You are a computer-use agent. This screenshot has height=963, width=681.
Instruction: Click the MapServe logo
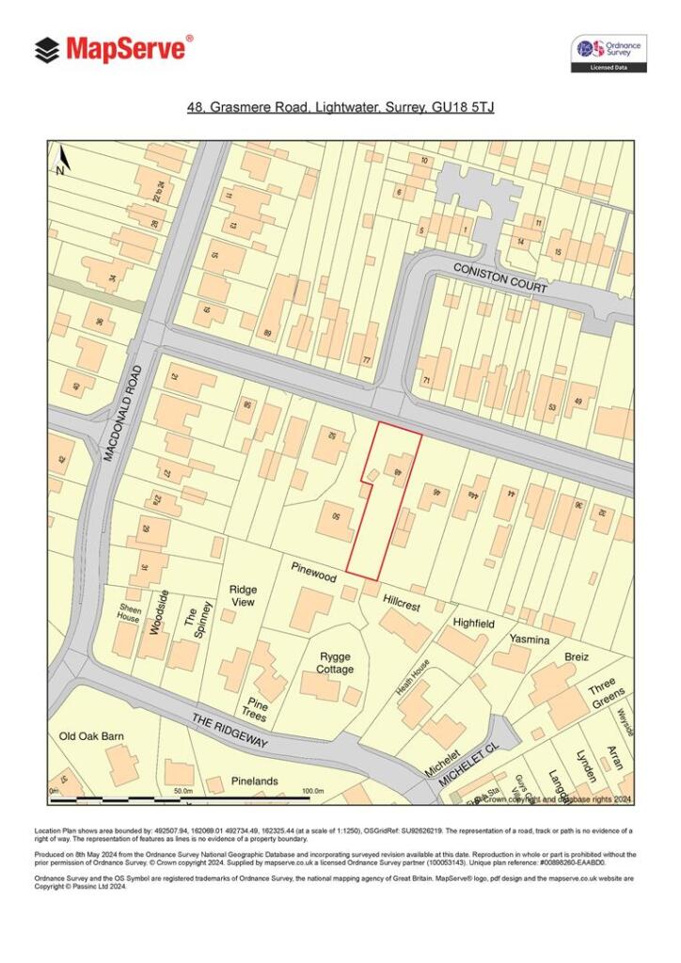(x=114, y=49)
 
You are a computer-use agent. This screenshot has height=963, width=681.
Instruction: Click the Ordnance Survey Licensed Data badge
(x=609, y=54)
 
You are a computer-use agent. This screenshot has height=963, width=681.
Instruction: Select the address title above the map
(x=340, y=108)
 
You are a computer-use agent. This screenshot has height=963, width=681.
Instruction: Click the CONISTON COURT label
(x=500, y=278)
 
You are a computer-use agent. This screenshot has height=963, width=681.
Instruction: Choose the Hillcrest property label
(x=401, y=602)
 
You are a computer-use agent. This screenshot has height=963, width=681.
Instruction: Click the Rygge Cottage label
(x=335, y=662)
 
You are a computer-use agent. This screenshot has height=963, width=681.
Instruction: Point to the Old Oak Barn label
(x=91, y=736)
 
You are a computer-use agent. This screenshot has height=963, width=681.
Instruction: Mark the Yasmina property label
(x=529, y=639)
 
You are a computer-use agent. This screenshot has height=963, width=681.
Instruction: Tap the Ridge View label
(x=243, y=595)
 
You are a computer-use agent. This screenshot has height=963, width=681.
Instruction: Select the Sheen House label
(x=129, y=613)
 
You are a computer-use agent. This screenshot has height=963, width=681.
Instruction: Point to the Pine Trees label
(x=256, y=710)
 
